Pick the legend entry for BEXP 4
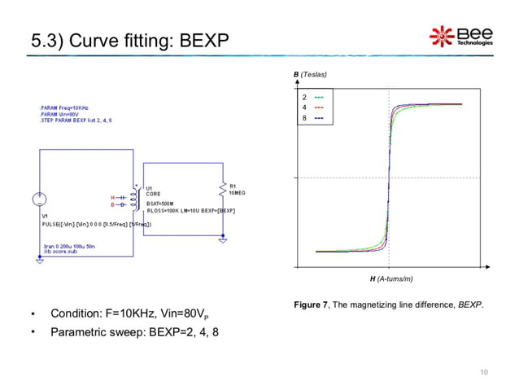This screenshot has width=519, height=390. coord(311,107)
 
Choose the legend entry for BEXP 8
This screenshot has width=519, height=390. coord(311,119)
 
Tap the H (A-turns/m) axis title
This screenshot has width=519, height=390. coord(391,279)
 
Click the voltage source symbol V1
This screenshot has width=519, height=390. coord(39,200)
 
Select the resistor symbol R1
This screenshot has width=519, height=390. coord(222,189)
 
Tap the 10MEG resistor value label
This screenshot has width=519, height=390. coord(238,193)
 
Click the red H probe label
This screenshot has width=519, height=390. coord(112,197)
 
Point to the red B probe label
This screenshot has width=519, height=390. coord(112,205)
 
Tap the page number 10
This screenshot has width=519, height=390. coord(485,373)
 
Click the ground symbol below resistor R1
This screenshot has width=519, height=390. coord(223,241)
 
